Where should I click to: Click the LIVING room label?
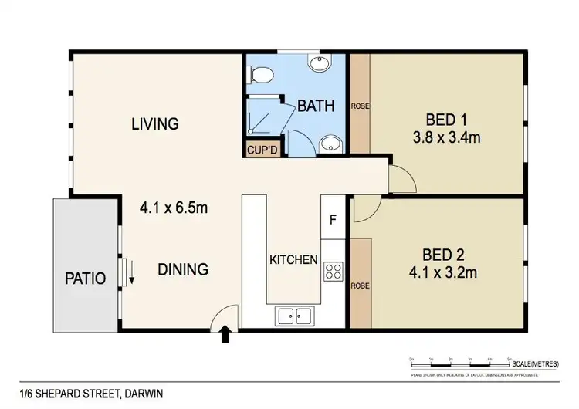click(154, 123)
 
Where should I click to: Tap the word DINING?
click(183, 269)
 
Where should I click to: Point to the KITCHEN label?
click(293, 260)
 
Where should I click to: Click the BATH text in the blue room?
click(317, 106)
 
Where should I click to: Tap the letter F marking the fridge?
click(333, 218)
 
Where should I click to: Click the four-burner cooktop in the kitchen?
click(334, 271)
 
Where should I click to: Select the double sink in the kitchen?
click(294, 315)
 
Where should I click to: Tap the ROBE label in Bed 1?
click(360, 106)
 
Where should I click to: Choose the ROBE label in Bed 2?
click(360, 286)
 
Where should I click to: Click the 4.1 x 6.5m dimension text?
click(174, 208)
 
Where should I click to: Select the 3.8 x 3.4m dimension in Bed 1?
click(448, 139)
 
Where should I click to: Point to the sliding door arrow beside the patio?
click(130, 272)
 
